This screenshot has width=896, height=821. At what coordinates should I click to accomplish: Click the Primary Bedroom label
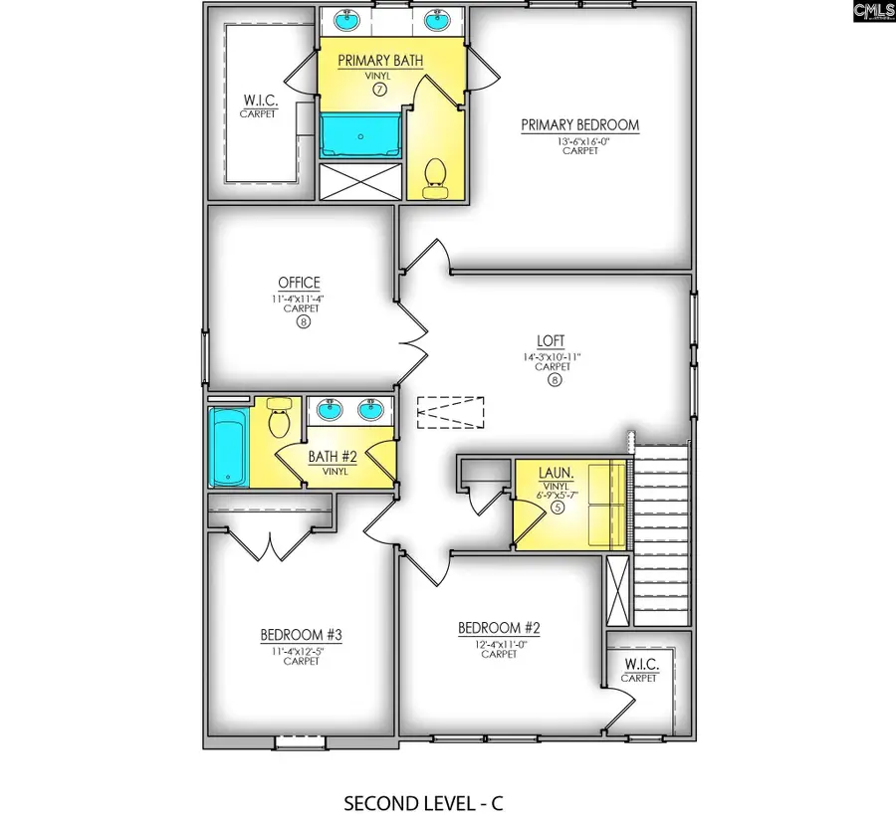579,125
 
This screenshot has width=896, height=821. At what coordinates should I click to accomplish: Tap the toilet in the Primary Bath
434,178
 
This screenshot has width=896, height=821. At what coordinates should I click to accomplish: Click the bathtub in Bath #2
226,449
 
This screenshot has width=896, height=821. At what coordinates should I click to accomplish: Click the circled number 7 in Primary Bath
379,90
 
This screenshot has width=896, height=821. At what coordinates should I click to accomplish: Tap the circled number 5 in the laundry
558,508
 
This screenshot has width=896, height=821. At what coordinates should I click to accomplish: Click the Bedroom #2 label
498,628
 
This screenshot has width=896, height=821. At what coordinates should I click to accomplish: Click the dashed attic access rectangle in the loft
450,411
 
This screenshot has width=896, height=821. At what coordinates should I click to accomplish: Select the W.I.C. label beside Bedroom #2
639,665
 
